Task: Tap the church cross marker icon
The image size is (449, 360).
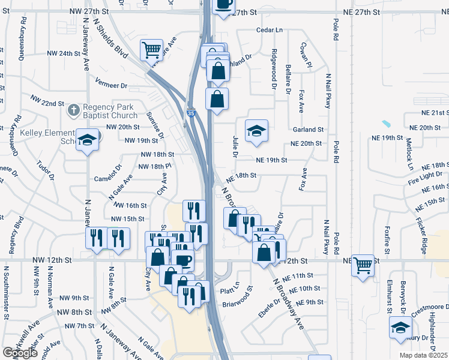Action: point(73,110)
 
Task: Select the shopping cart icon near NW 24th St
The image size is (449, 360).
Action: point(151,49)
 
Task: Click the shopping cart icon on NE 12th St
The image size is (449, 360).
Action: point(363,264)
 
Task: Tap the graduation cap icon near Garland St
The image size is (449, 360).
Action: point(256,131)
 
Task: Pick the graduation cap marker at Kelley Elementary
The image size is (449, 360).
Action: point(88,140)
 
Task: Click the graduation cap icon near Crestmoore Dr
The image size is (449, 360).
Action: point(400,328)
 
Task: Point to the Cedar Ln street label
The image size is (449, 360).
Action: point(269,29)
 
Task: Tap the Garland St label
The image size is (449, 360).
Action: point(308,129)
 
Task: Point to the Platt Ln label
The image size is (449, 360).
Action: point(230,291)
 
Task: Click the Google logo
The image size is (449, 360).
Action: point(20,353)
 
